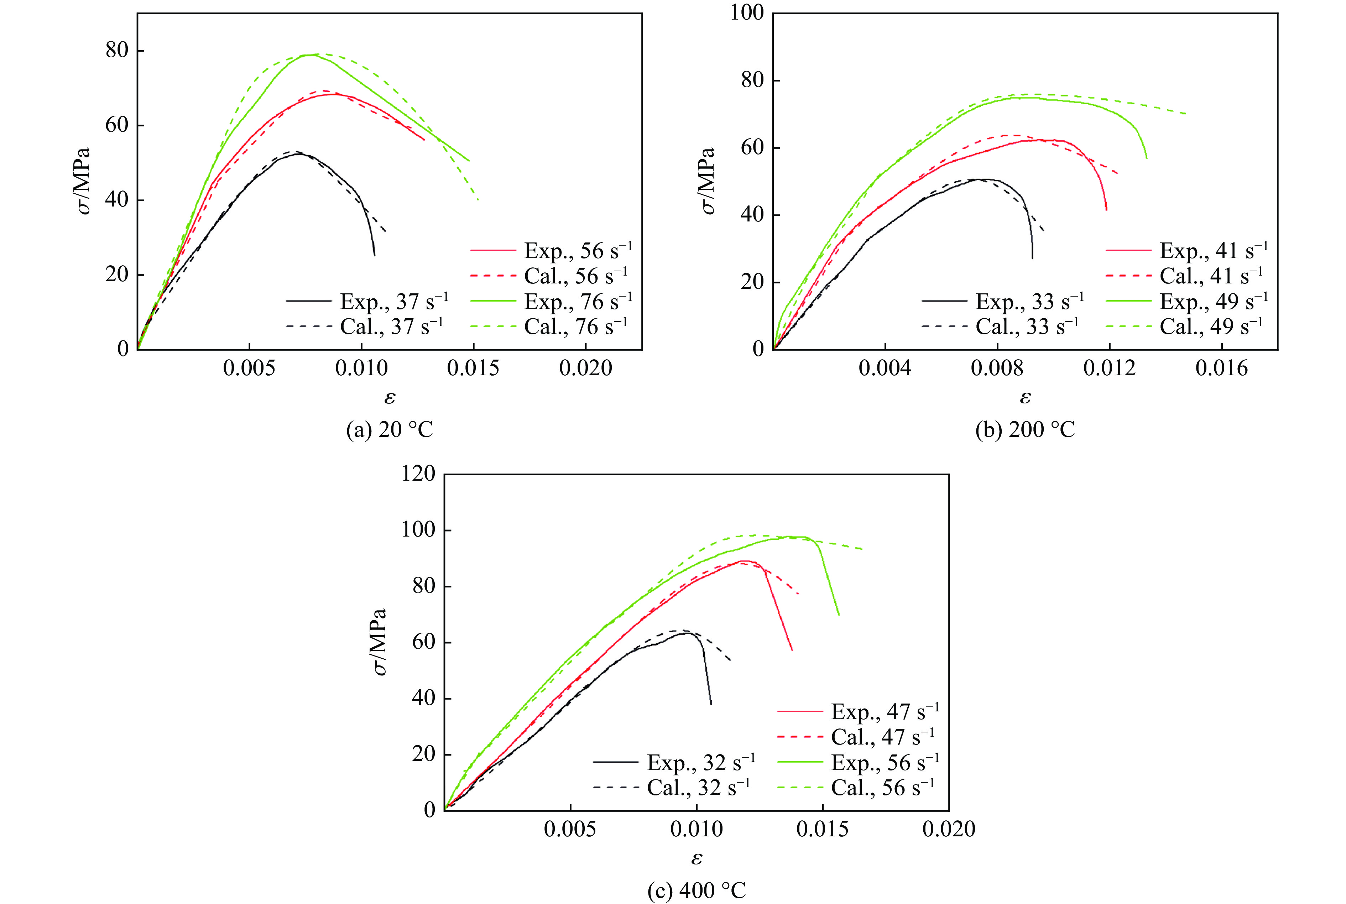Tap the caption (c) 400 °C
(697, 891)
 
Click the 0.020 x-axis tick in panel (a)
(586, 367)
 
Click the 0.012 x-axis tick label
(1109, 367)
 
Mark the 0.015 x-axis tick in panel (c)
(823, 829)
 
